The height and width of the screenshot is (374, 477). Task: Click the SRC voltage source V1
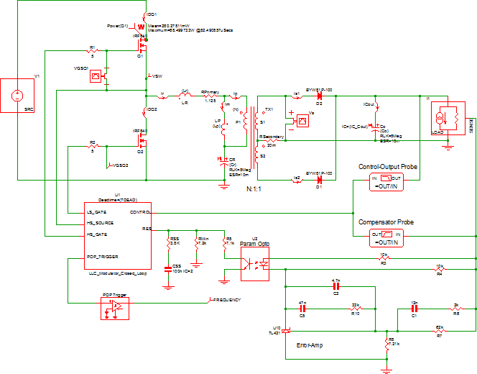click(19, 95)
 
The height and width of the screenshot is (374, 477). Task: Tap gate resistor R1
click(92, 51)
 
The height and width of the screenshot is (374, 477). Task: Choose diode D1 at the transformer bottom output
click(319, 178)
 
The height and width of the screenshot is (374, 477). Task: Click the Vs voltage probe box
click(302, 121)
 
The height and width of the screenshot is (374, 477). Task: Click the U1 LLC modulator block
click(118, 233)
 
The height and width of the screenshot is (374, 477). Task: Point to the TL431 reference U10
click(286, 330)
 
